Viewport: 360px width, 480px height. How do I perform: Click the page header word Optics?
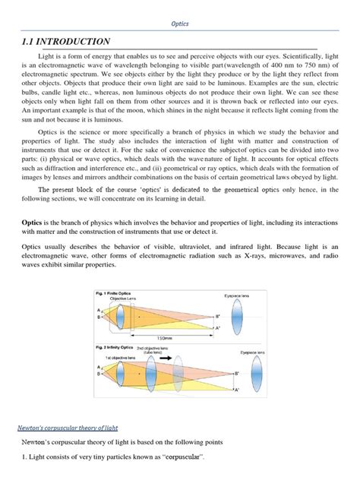tap(180, 24)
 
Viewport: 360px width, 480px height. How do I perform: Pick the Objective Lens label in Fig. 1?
tap(127, 298)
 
